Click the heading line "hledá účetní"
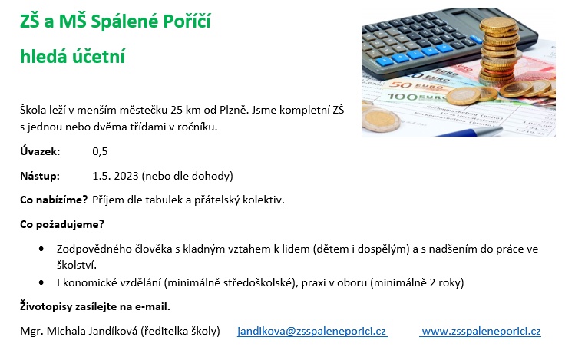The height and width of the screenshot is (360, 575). pyautogui.click(x=73, y=57)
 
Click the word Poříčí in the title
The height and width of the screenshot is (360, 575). pyautogui.click(x=187, y=21)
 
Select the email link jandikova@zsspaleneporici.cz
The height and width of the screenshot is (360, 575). pyautogui.click(x=312, y=331)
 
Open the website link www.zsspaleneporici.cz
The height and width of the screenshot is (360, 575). pyautogui.click(x=481, y=331)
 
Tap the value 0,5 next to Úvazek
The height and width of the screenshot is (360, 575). pyautogui.click(x=100, y=151)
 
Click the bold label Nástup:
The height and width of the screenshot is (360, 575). pyautogui.click(x=40, y=176)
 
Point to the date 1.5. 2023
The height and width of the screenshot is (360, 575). pyautogui.click(x=115, y=176)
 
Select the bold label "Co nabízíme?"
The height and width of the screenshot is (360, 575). pyautogui.click(x=54, y=200)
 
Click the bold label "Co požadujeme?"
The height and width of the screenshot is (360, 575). pyautogui.click(x=62, y=224)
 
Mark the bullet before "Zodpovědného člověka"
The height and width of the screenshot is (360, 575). pyautogui.click(x=41, y=249)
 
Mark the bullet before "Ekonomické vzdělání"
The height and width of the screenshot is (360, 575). pyautogui.click(x=41, y=282)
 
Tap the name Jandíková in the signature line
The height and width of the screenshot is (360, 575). pyautogui.click(x=114, y=331)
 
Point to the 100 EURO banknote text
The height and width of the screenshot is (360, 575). pyautogui.click(x=415, y=97)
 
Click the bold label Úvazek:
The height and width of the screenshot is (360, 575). pyautogui.click(x=40, y=151)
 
